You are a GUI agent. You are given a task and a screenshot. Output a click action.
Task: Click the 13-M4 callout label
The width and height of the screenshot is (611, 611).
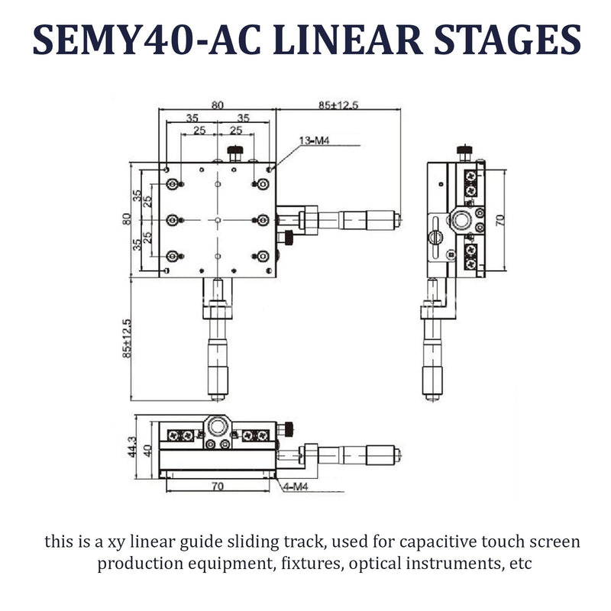pyautogui.click(x=315, y=141)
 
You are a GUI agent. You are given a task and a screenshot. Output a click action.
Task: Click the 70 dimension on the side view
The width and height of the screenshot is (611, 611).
pyautogui.click(x=500, y=221)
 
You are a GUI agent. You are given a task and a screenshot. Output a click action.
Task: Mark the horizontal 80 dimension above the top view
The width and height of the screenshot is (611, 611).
pyautogui.click(x=217, y=105)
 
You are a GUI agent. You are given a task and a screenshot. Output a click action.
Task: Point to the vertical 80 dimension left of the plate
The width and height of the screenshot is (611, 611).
pyautogui.click(x=129, y=219)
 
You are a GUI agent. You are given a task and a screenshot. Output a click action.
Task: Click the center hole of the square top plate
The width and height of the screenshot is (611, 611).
pyautogui.click(x=218, y=220)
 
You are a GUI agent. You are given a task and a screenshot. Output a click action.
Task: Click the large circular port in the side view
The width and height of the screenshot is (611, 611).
pyautogui.click(x=460, y=220)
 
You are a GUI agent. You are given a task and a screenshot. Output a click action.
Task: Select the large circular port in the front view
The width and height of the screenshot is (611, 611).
pyautogui.click(x=217, y=425)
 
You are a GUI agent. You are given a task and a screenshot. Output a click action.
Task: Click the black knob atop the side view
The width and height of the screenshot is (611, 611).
pyautogui.click(x=464, y=150)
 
